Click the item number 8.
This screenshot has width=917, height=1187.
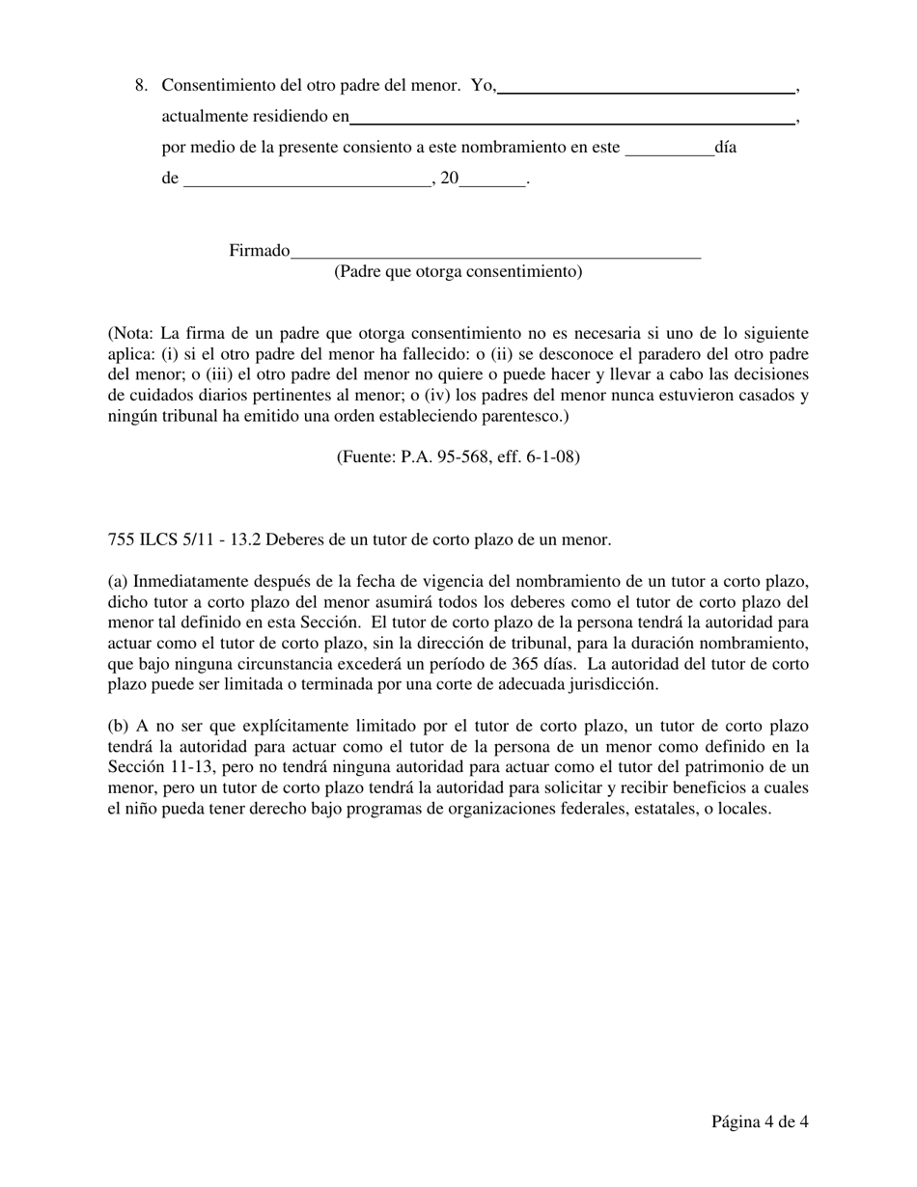[141, 86]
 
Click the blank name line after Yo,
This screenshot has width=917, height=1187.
[646, 87]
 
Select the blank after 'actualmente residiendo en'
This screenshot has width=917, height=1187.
[571, 119]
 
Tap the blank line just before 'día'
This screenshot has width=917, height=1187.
[669, 150]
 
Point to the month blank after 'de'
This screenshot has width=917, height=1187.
[306, 179]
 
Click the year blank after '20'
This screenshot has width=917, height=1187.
[492, 179]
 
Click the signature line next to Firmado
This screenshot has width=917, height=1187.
[495, 252]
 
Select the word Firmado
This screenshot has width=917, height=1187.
[259, 251]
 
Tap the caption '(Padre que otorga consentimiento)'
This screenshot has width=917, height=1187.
[458, 272]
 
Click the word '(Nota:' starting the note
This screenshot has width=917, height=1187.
[130, 333]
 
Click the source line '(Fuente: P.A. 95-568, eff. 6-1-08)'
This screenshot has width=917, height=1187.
[458, 456]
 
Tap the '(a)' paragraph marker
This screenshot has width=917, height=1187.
[118, 581]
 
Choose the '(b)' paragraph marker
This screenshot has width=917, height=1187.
[119, 726]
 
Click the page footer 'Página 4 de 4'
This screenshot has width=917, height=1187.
[760, 1121]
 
